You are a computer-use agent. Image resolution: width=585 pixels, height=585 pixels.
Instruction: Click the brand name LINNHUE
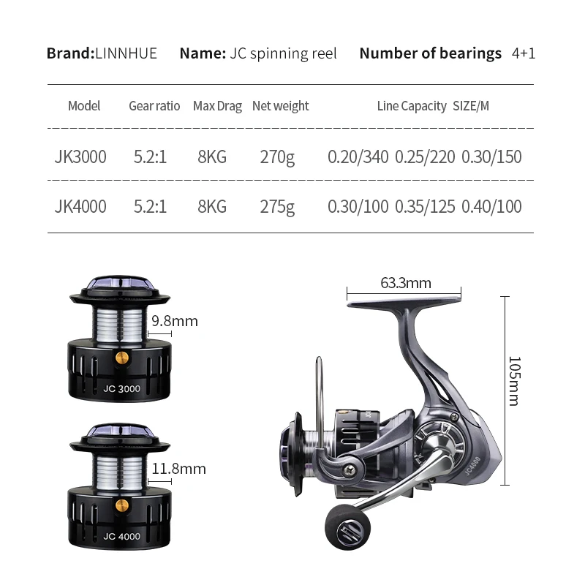[126, 53]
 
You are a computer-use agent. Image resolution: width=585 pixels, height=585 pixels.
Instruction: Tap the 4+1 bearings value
[524, 53]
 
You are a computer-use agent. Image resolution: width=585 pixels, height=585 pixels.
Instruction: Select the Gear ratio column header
[154, 106]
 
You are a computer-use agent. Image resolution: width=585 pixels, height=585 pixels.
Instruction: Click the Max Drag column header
[217, 106]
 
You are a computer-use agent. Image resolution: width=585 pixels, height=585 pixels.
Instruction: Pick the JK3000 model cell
[80, 156]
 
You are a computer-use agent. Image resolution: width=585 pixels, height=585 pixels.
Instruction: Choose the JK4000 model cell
[80, 207]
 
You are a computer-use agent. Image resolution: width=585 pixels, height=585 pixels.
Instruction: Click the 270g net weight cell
[277, 156]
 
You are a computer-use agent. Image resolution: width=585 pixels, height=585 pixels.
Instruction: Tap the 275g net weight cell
[277, 207]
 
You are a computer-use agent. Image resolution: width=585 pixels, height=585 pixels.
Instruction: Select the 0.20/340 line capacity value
[358, 156]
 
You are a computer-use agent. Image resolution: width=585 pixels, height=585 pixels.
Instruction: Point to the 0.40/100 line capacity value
[491, 207]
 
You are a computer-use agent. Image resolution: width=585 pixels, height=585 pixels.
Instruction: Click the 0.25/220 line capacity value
[425, 156]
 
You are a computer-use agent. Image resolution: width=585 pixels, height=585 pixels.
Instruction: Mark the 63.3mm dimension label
[406, 283]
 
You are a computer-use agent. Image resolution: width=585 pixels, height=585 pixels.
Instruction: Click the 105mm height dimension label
[514, 381]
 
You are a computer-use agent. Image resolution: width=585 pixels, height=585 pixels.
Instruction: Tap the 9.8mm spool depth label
[175, 321]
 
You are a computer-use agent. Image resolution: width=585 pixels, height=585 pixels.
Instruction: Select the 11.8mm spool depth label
[178, 469]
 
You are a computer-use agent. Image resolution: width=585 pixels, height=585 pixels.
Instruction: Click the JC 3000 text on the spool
[121, 389]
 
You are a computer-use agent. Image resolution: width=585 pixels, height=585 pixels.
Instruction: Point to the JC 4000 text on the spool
[121, 536]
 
